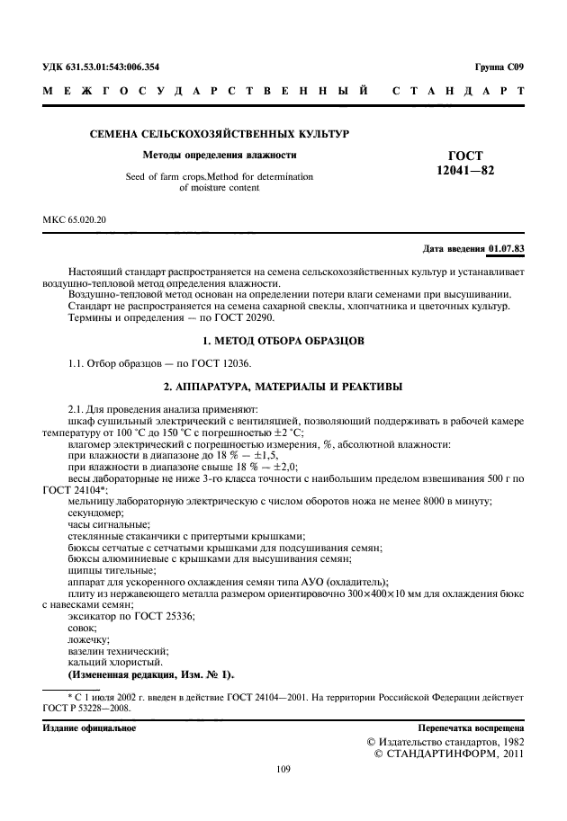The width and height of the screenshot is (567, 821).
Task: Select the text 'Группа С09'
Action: pyautogui.click(x=499, y=67)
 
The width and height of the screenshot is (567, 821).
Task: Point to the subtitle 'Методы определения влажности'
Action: pyautogui.click(x=220, y=155)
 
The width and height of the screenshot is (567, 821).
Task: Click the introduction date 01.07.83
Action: pyautogui.click(x=507, y=247)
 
